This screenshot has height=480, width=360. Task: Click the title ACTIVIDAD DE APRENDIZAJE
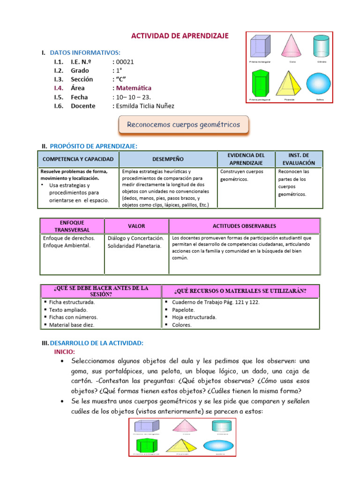click(179, 36)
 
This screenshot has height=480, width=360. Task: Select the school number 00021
click(125, 61)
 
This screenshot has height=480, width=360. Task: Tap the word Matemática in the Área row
click(134, 88)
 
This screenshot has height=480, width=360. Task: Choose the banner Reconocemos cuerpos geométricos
click(183, 125)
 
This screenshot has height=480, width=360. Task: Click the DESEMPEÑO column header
click(168, 159)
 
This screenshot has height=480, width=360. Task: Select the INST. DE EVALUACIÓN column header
click(298, 159)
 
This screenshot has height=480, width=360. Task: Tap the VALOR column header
click(136, 226)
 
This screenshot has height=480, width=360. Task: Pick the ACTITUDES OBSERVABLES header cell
click(244, 226)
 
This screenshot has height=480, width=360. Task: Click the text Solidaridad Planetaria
click(134, 246)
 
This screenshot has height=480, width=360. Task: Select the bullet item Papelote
click(184, 310)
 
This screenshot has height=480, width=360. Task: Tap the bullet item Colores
click(182, 325)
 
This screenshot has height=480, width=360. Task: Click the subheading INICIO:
click(65, 352)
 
